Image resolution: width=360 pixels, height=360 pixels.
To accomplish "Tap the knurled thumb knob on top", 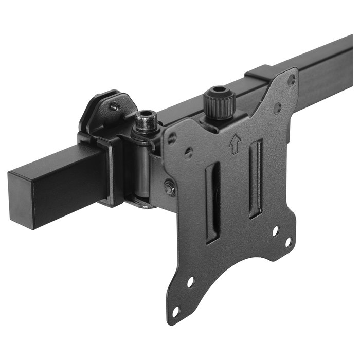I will point(218,103).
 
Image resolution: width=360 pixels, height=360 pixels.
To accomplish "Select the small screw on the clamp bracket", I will point(115,106).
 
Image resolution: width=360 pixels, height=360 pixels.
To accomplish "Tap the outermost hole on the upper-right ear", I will point(291,80).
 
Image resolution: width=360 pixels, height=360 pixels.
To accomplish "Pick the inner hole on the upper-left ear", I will point(189,153).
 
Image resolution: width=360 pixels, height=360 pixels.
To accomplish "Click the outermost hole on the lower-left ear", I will point(176,311).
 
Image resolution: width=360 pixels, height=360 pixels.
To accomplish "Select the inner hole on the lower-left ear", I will point(190,281).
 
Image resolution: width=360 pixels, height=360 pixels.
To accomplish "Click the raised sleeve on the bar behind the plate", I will point(260,72).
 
